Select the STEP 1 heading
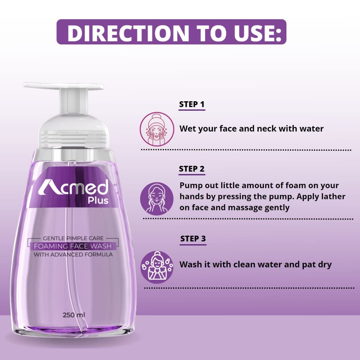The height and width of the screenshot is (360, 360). coord(192,104)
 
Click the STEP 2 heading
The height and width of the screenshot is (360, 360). coord(192,169)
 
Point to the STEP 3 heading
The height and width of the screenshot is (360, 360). coord(193,239)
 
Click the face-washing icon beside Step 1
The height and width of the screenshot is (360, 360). coord(157,129)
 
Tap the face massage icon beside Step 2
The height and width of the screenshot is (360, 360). coord(157,199)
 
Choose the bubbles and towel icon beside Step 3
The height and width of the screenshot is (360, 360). coord(157,267)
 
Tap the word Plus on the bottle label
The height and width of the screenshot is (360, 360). coord(98,201)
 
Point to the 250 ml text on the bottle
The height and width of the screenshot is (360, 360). coord(74,315)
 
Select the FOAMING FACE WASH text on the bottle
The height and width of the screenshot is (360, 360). coord(73,246)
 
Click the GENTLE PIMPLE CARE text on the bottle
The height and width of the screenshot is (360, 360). coord(73,238)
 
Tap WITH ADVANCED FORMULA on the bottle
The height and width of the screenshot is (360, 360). coord(73,255)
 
